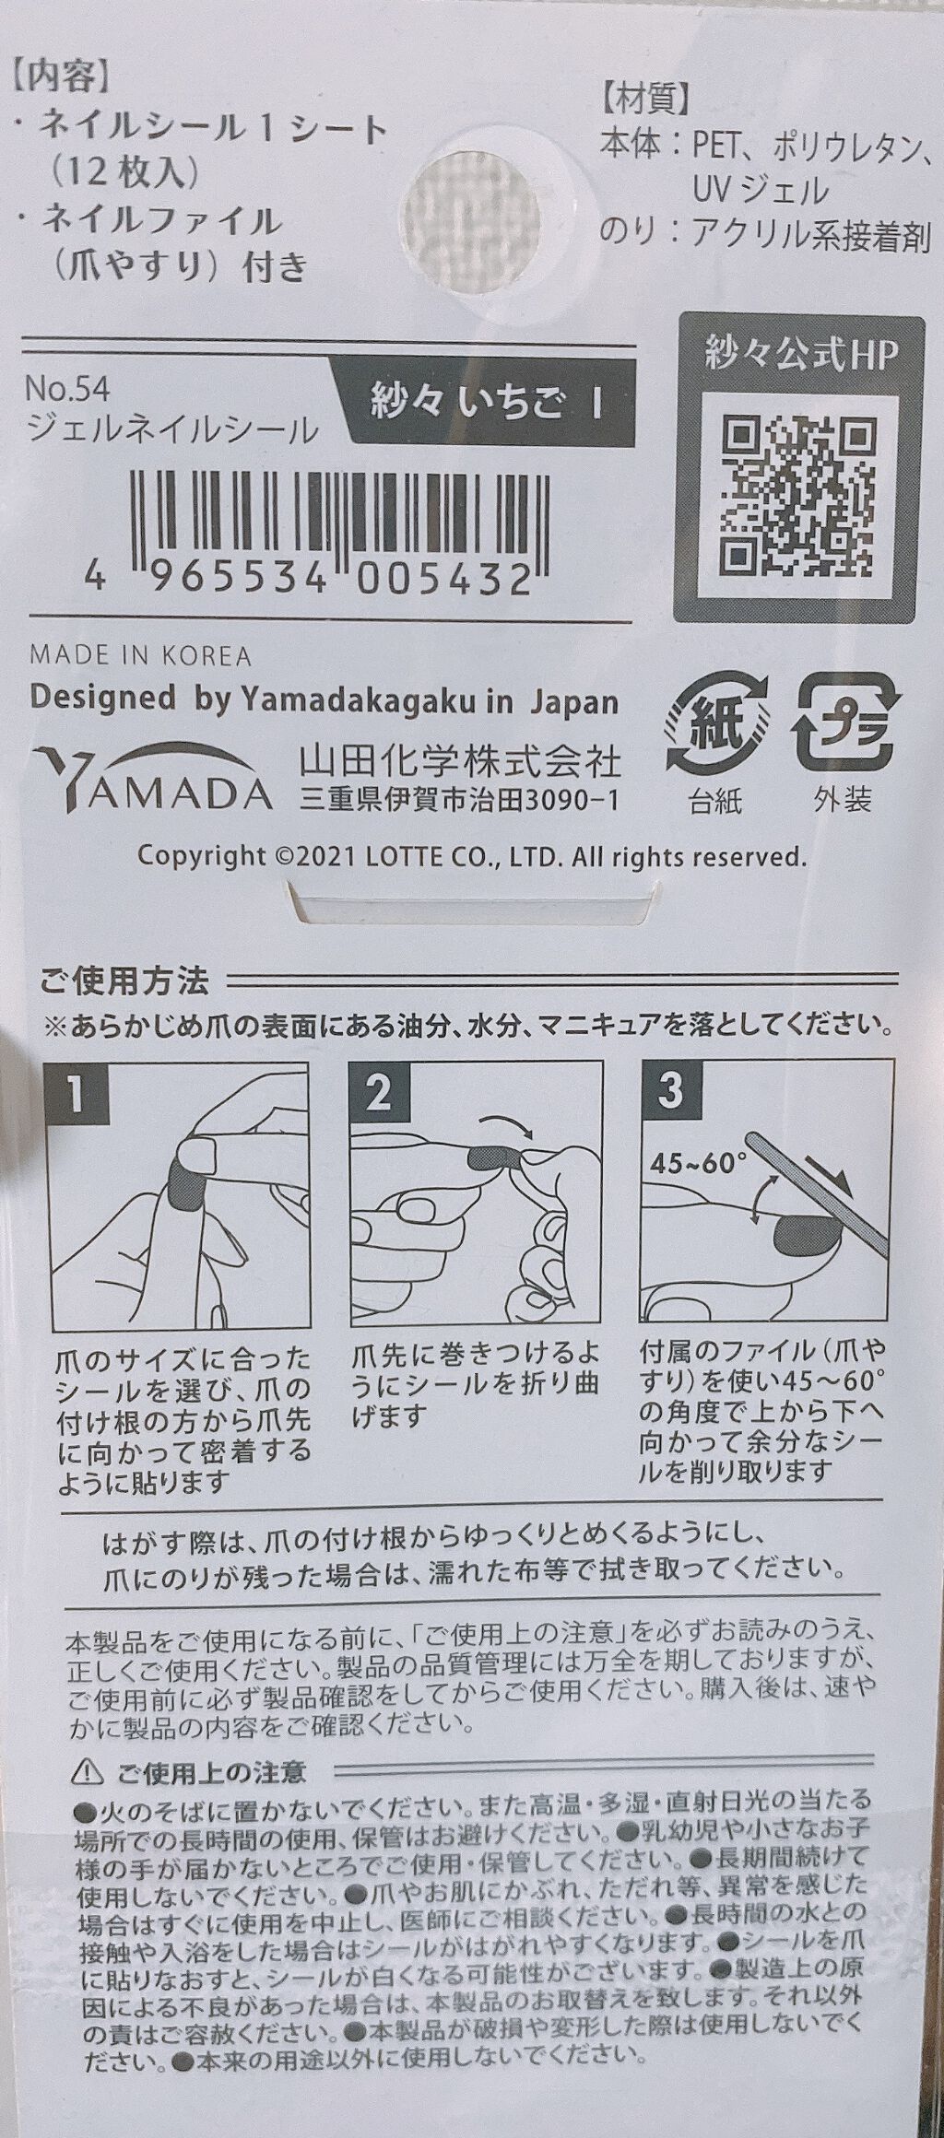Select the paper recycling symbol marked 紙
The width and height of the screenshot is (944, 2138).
point(714,732)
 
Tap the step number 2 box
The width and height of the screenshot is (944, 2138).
point(379,1094)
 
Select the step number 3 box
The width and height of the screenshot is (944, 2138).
point(668,1094)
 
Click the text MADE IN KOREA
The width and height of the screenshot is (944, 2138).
point(140,656)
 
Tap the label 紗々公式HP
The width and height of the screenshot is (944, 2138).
point(800,354)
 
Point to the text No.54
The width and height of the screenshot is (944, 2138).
point(67,390)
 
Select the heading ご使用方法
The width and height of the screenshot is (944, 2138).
point(124,981)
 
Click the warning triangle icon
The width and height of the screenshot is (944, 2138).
point(86,1771)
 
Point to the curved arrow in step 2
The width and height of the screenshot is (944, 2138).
point(512,1121)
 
